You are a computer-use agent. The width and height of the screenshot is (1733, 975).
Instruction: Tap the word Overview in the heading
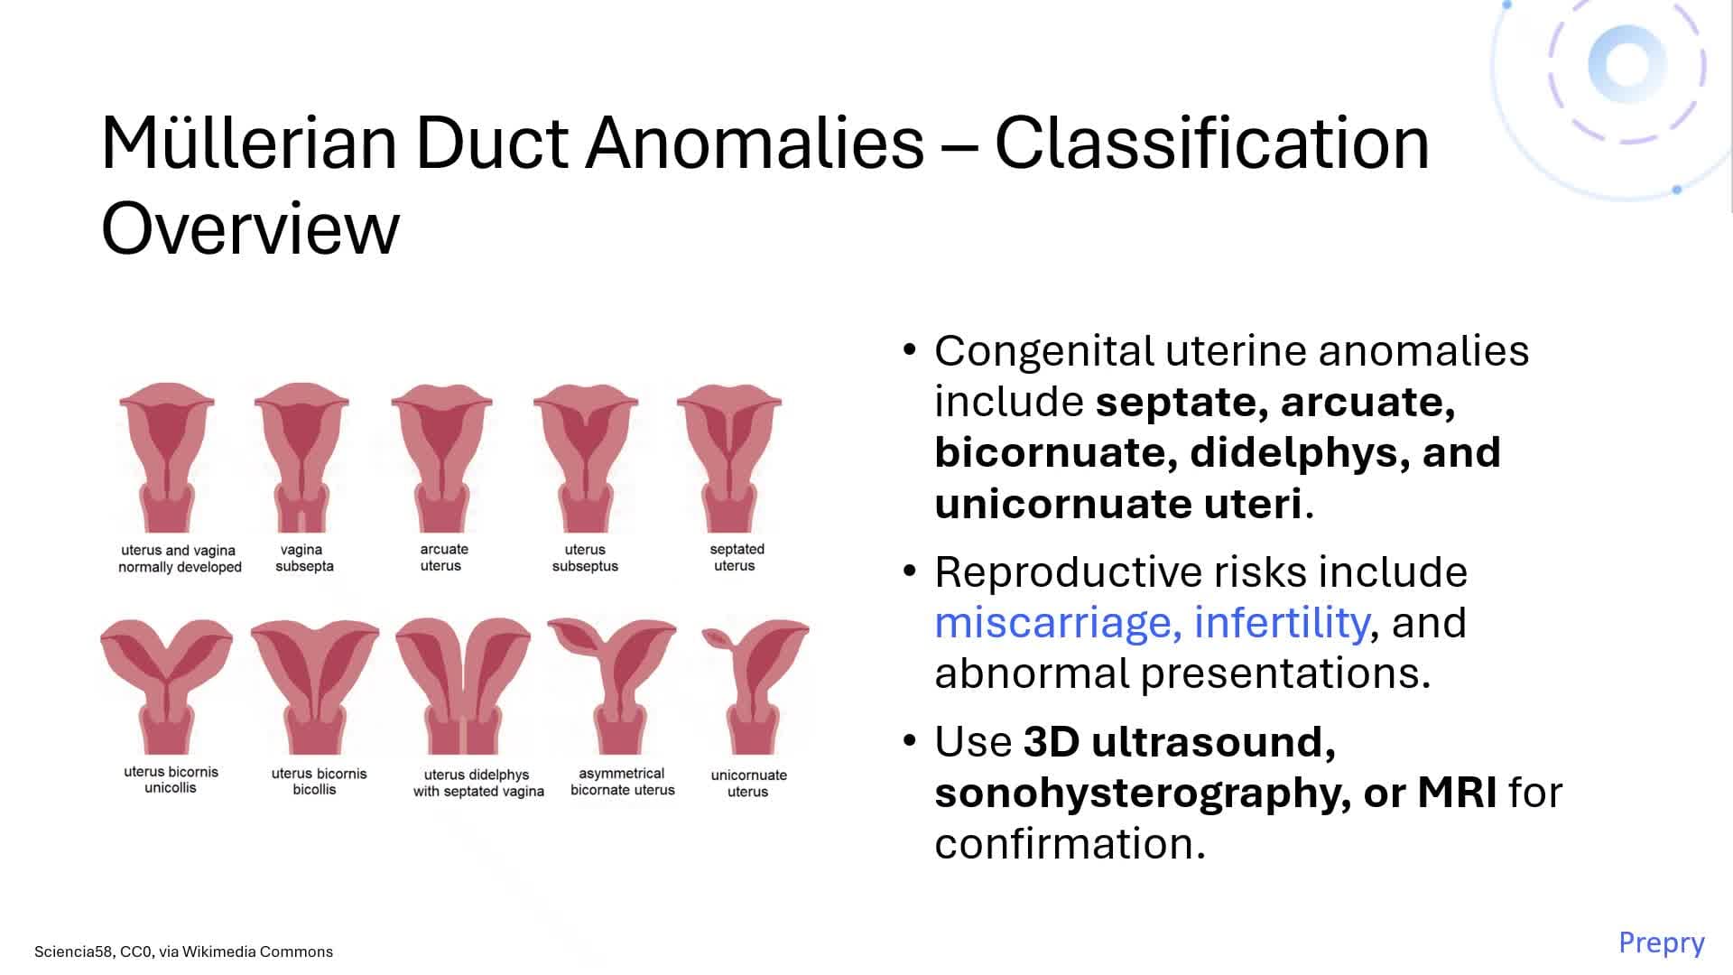coord(250,228)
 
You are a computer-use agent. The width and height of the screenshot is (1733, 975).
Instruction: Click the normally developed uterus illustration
coord(167,456)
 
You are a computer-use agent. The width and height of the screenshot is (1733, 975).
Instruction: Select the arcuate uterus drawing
coord(441,456)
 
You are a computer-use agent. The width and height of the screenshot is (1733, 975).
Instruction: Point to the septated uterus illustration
coord(729,456)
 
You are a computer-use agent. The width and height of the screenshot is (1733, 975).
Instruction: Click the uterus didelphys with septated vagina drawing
coord(463,686)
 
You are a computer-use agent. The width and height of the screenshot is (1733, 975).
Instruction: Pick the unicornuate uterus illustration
coord(755,686)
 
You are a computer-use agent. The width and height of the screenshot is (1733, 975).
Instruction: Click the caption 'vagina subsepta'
coord(303,558)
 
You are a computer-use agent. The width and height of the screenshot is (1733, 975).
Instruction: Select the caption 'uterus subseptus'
coord(585,558)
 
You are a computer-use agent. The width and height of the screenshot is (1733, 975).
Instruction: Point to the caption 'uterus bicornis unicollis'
coord(171,780)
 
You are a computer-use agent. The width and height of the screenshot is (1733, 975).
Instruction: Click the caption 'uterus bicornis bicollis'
coord(318,781)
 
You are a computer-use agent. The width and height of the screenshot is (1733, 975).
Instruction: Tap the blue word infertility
coord(1281,623)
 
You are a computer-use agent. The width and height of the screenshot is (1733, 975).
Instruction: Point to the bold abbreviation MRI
coord(1457,793)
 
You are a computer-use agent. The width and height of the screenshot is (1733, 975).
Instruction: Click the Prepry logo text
coord(1661,942)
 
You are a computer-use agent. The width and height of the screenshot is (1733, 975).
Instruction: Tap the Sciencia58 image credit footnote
coord(183,952)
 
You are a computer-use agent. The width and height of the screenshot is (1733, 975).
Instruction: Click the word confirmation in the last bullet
coord(1070,844)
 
